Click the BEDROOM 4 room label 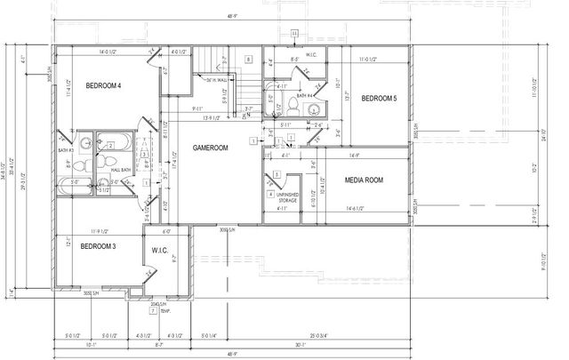point(103,85)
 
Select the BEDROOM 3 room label point(99,245)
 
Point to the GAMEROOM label point(212,146)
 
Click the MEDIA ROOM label point(364,180)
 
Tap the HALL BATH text point(121,169)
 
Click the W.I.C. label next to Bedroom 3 point(161,249)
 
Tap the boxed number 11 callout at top point(295,33)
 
